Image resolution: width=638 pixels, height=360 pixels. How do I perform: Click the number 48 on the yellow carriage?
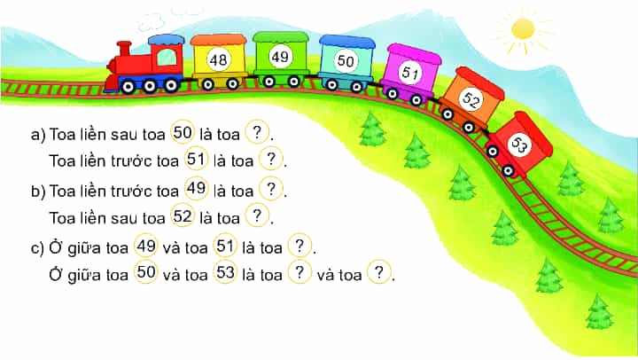pos(218,60)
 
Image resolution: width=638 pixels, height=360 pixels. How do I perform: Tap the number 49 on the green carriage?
pos(280,57)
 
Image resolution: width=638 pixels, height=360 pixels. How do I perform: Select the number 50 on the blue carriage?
pos(346,60)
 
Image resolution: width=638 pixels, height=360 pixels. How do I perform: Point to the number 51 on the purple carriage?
pos(409,73)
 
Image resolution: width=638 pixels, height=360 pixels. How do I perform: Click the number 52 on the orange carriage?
pos(471,99)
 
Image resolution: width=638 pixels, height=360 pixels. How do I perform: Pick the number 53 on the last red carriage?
pos(519,144)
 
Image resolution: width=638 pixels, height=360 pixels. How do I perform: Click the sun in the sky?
pos(523,29)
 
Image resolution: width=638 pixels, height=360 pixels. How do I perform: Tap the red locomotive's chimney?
pos(124,50)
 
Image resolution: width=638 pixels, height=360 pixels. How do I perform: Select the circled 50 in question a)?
pos(183,132)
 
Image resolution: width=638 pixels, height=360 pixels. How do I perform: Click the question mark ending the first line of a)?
pos(257,132)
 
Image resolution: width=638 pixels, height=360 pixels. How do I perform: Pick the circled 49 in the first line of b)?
pos(196,188)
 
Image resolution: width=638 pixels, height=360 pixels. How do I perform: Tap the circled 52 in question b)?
pos(183,215)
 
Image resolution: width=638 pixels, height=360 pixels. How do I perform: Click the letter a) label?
pos(38,135)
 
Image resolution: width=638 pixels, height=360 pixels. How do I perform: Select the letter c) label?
pos(38,248)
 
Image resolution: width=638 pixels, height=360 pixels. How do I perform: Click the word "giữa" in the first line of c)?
pos(83,248)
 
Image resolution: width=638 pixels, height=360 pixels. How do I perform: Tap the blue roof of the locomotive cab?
pos(166,40)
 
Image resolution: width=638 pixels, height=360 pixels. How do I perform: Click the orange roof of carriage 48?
pos(219,40)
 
